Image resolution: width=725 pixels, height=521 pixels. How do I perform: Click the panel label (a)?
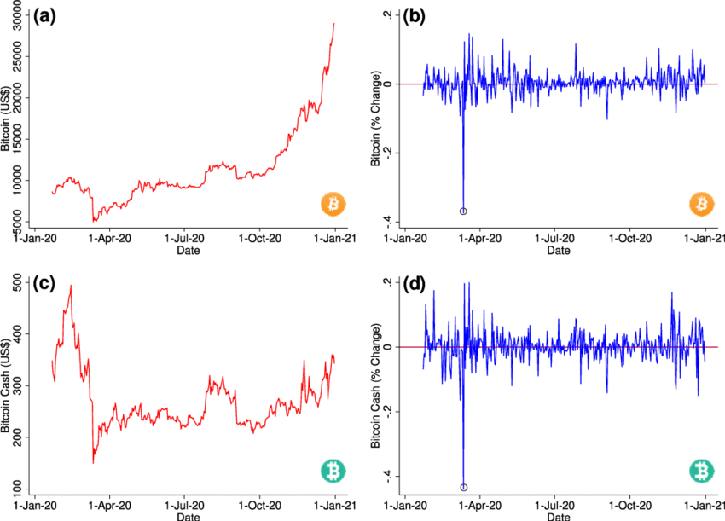(44, 14)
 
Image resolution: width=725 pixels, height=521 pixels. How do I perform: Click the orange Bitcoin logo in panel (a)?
(333, 205)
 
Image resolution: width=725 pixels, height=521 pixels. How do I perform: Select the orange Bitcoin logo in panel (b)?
(701, 205)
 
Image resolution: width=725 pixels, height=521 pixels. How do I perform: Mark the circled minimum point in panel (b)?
(463, 211)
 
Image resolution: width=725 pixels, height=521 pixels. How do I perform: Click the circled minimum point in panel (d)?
(463, 488)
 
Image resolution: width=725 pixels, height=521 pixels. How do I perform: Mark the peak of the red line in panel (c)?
(71, 287)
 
